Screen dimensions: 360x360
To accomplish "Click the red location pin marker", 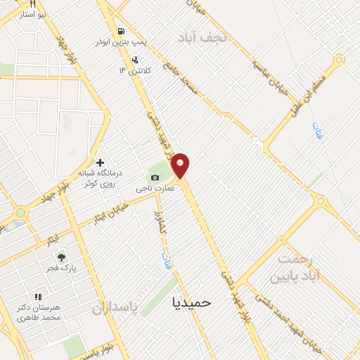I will pos(181,165).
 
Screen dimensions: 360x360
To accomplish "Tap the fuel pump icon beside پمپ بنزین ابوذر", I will pos(123,32).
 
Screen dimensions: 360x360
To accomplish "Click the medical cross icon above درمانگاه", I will pos(101,162).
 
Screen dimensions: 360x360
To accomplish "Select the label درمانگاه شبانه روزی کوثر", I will pos(98,179).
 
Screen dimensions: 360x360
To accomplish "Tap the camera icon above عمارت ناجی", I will pos(155,177).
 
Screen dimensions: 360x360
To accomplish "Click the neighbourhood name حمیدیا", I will pos(191,302).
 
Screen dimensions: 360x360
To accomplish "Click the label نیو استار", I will pos(32,15).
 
